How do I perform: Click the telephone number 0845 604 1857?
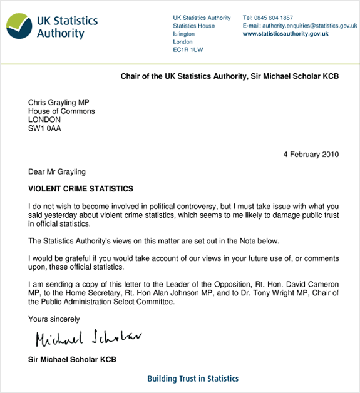click(x=278, y=18)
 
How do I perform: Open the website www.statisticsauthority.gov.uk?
click(x=285, y=34)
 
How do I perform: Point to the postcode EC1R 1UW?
click(x=188, y=50)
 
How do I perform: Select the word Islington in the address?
click(x=183, y=34)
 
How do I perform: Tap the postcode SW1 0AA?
click(x=45, y=129)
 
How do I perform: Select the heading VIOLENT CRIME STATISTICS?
click(x=81, y=188)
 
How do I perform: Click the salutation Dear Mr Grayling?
click(x=57, y=172)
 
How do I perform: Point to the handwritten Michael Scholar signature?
click(x=88, y=339)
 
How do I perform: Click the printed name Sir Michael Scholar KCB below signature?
click(x=72, y=359)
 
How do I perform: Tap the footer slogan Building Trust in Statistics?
click(x=193, y=379)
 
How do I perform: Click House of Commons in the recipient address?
click(x=61, y=111)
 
